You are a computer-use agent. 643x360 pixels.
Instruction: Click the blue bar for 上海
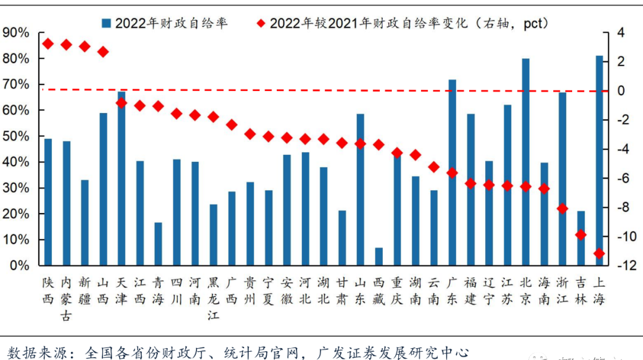click(599, 161)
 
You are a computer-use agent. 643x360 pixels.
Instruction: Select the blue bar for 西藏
click(379, 256)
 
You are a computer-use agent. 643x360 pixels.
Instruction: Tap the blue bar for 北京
click(526, 162)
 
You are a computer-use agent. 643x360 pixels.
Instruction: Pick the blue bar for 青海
click(158, 244)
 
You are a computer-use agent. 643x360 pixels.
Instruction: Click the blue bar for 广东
click(452, 173)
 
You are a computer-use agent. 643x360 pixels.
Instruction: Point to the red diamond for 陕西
click(48, 43)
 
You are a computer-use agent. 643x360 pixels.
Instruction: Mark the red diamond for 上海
click(599, 254)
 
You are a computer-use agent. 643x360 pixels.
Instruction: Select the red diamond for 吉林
click(581, 235)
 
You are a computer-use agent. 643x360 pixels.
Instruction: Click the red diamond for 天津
click(121, 103)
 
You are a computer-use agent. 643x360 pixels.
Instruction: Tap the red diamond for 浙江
click(563, 208)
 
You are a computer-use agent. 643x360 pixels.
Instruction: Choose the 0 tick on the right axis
click(620, 90)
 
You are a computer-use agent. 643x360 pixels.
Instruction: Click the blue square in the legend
click(107, 23)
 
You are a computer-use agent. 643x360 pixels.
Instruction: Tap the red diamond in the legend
click(261, 23)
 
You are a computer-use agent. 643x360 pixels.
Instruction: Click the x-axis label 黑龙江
click(213, 298)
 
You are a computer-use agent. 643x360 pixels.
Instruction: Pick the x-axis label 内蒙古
click(67, 298)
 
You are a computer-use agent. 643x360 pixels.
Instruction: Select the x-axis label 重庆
click(397, 290)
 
